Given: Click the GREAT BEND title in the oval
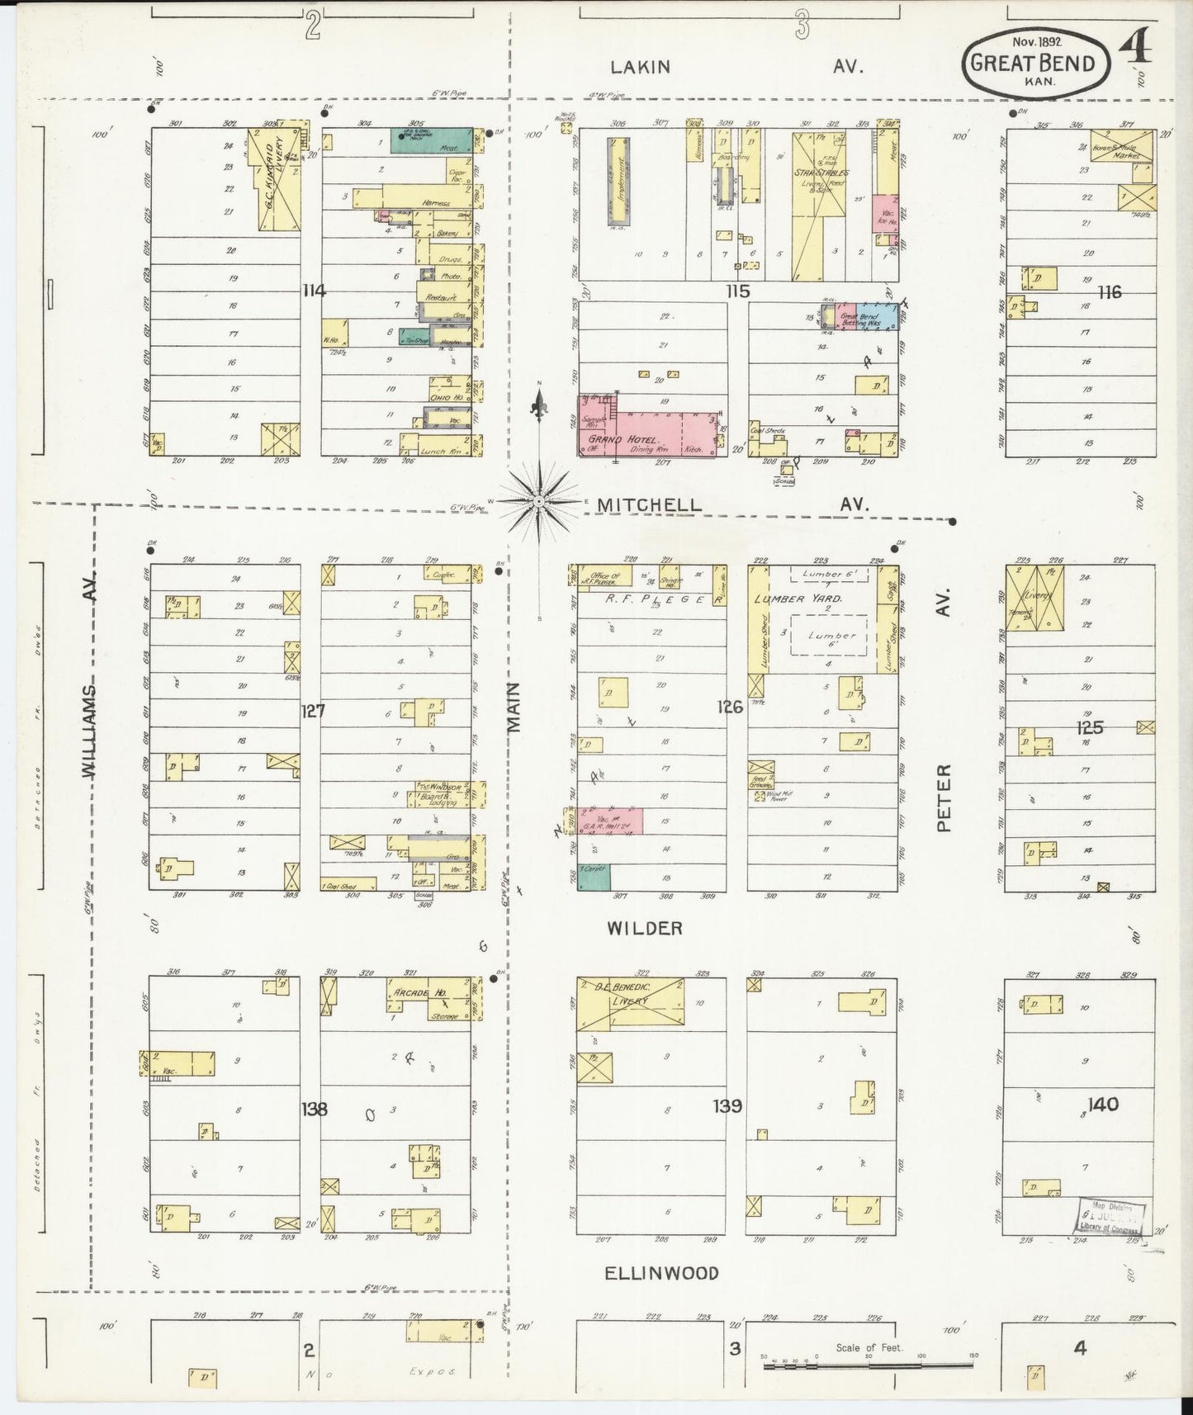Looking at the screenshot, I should click(1032, 64).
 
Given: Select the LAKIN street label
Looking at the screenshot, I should click(641, 67).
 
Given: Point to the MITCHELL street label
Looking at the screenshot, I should click(650, 504).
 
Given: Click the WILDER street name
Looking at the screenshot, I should click(645, 928).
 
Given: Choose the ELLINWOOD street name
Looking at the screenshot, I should click(660, 1272).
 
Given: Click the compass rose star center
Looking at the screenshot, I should click(538, 501).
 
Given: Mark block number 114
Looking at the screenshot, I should click(314, 291).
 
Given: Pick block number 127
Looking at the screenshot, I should click(313, 710).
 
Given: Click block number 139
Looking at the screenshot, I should click(727, 1105).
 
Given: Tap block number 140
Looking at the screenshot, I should click(1103, 1104).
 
